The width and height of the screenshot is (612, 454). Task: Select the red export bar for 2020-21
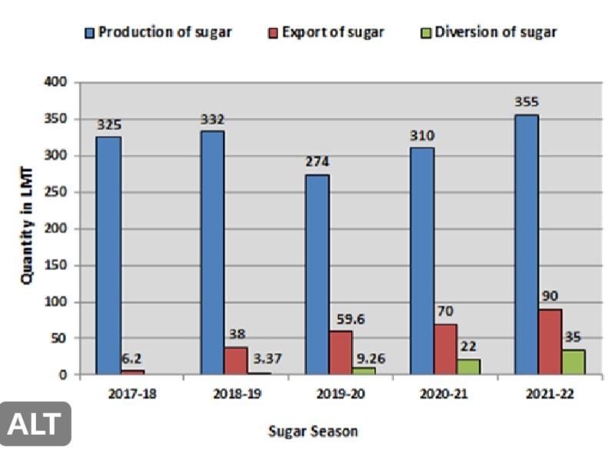444,350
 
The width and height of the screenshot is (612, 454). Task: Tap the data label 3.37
263,358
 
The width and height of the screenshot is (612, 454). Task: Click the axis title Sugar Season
313,431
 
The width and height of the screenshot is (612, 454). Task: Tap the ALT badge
37,424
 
